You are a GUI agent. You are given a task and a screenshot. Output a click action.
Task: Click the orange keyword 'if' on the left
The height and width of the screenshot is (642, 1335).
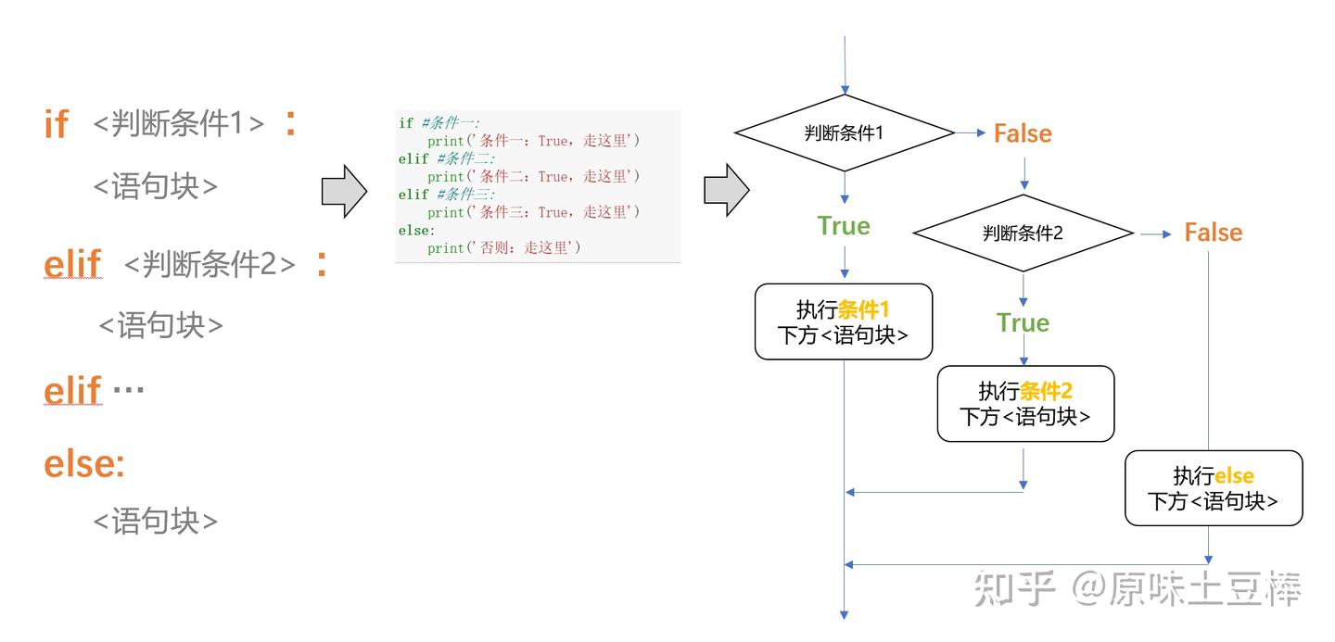tap(56, 124)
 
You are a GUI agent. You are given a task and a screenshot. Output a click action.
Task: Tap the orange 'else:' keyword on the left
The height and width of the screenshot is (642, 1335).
tap(83, 463)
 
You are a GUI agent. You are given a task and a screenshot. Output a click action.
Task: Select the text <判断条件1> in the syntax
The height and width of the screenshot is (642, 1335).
tap(179, 123)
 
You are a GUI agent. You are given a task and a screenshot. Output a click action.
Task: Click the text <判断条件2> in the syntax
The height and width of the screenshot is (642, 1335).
tap(210, 265)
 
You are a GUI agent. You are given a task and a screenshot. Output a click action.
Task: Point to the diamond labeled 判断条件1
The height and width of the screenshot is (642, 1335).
tap(844, 133)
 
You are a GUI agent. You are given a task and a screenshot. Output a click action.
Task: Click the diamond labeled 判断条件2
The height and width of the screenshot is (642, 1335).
tap(1023, 233)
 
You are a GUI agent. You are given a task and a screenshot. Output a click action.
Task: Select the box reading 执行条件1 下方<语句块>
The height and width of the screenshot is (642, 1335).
tap(843, 321)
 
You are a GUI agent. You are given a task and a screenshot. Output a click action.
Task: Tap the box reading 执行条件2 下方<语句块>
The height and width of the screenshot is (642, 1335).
tap(1024, 404)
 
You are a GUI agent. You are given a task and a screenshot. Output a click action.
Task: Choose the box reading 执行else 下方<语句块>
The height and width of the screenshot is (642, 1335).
tap(1213, 488)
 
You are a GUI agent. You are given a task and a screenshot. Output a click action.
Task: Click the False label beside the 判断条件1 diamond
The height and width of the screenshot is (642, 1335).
tap(1023, 134)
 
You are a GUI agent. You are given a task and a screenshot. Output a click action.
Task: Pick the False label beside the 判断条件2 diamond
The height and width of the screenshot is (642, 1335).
tap(1213, 233)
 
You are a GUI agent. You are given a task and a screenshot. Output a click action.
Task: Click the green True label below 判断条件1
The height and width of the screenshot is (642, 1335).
tap(844, 226)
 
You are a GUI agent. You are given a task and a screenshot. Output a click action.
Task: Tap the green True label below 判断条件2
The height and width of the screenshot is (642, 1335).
tap(1023, 323)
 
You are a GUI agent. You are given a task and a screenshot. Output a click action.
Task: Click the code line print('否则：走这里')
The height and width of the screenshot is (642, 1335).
tap(503, 248)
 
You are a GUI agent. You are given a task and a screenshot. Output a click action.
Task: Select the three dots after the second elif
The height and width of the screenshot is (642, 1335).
tap(128, 390)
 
